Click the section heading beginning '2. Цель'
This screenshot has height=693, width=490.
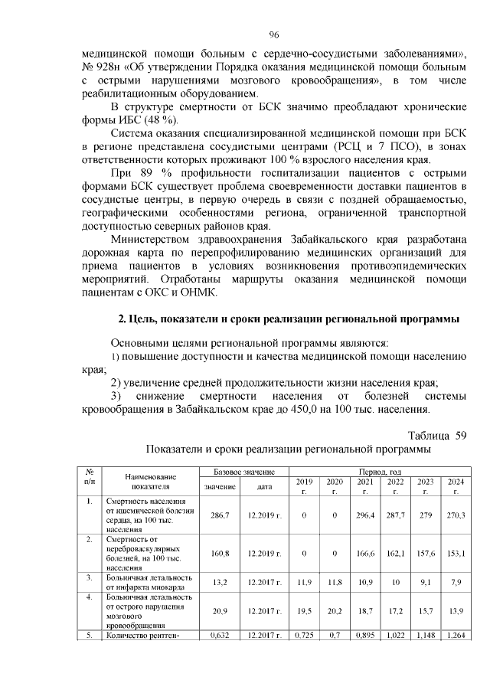coord(288,318)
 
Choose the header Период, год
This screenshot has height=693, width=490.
coord(380,472)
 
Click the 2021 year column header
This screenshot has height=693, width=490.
coord(364,486)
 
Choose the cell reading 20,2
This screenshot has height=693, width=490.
coord(335,610)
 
